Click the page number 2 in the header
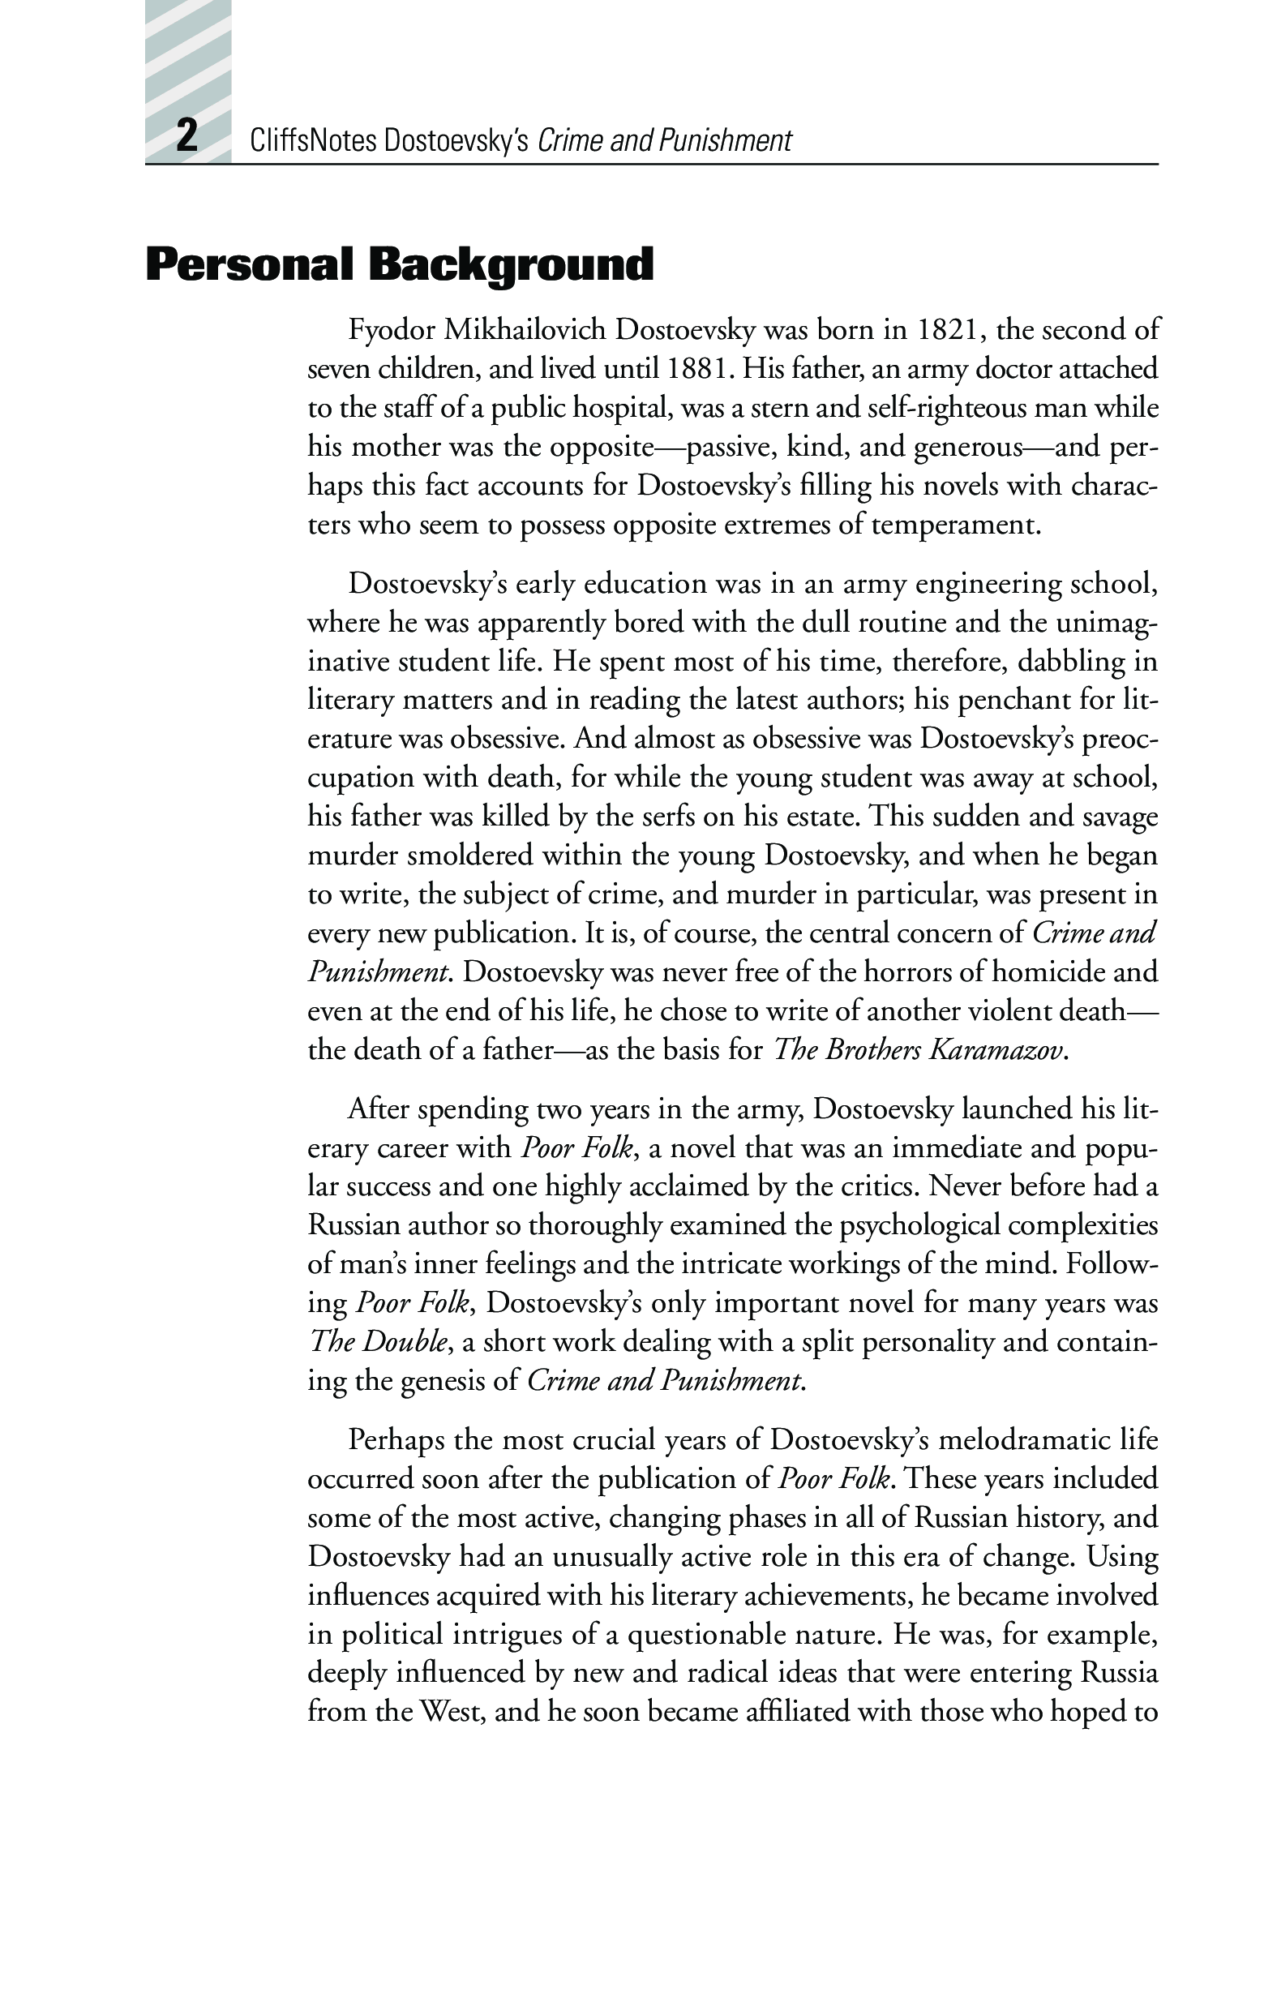tap(186, 135)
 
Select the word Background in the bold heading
tap(511, 265)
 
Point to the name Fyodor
tap(391, 330)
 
